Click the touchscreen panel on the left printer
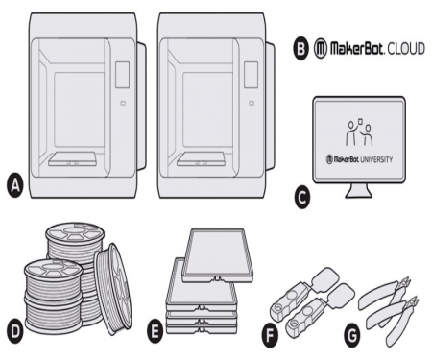[x=121, y=73]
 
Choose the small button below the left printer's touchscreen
[x=121, y=100]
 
